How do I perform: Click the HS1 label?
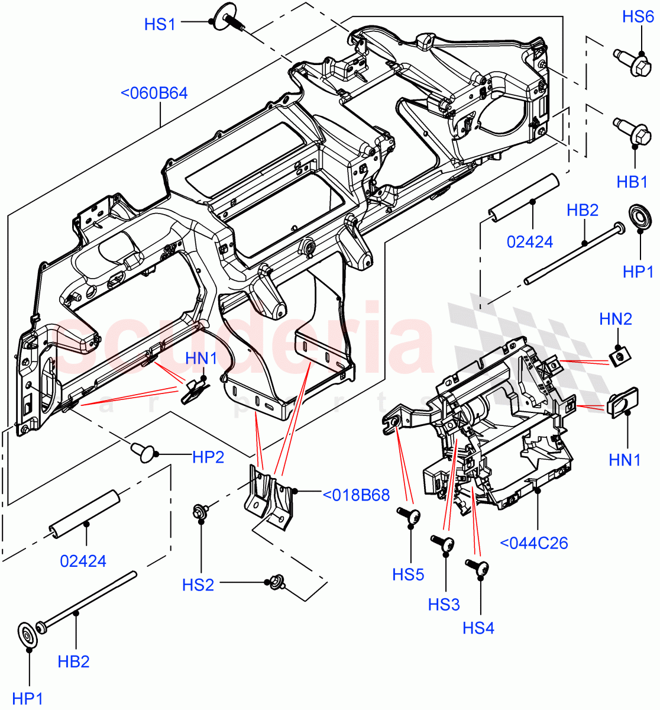(160, 24)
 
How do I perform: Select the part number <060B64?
(154, 93)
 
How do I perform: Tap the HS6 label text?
(638, 17)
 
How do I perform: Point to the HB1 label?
(632, 182)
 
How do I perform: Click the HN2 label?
(615, 319)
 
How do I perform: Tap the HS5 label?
(408, 574)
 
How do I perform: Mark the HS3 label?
(444, 604)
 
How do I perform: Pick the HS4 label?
(478, 627)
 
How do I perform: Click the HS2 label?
(198, 585)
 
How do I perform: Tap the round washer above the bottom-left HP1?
(27, 634)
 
